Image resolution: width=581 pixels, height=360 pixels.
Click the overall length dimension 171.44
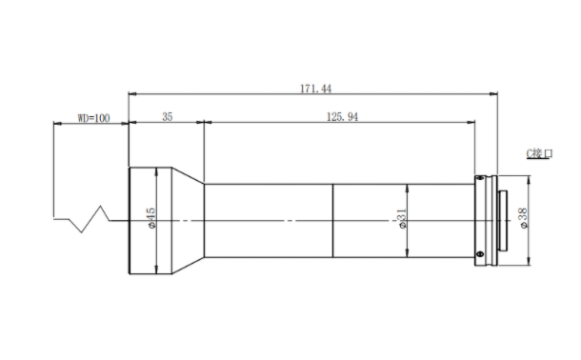(315, 89)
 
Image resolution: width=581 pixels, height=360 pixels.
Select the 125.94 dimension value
(342, 117)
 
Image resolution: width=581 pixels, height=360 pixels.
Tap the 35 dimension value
(167, 117)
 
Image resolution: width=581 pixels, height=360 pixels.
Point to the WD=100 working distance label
(93, 118)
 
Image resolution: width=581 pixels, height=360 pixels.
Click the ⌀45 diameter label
(151, 218)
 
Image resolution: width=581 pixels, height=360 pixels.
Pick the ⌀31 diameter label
(402, 219)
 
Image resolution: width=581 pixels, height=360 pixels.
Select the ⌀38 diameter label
(523, 218)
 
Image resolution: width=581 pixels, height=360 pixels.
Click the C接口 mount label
(539, 153)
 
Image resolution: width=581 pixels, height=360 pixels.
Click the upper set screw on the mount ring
(480, 178)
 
